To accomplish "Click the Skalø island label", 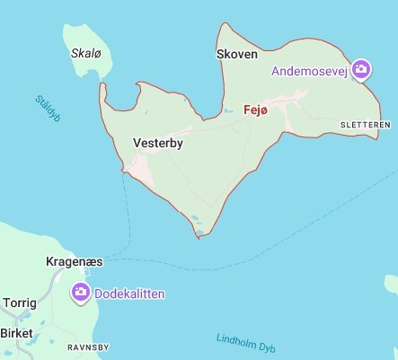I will point(84,53).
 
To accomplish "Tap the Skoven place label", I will point(237,55).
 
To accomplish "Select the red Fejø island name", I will point(256,110).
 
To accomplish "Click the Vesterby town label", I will point(157,142).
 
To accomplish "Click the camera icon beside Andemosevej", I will point(361,69).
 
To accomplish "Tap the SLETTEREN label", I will point(366,124).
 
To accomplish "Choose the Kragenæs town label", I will point(74,262).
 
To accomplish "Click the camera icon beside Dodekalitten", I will point(80,292).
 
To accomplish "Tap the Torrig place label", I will point(21,303).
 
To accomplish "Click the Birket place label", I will point(16,333).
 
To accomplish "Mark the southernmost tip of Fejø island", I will point(199,237).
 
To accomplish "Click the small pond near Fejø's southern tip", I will point(194,218).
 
